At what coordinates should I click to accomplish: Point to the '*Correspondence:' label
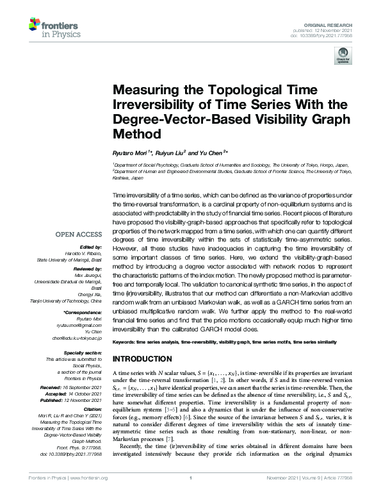(x=84, y=312)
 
